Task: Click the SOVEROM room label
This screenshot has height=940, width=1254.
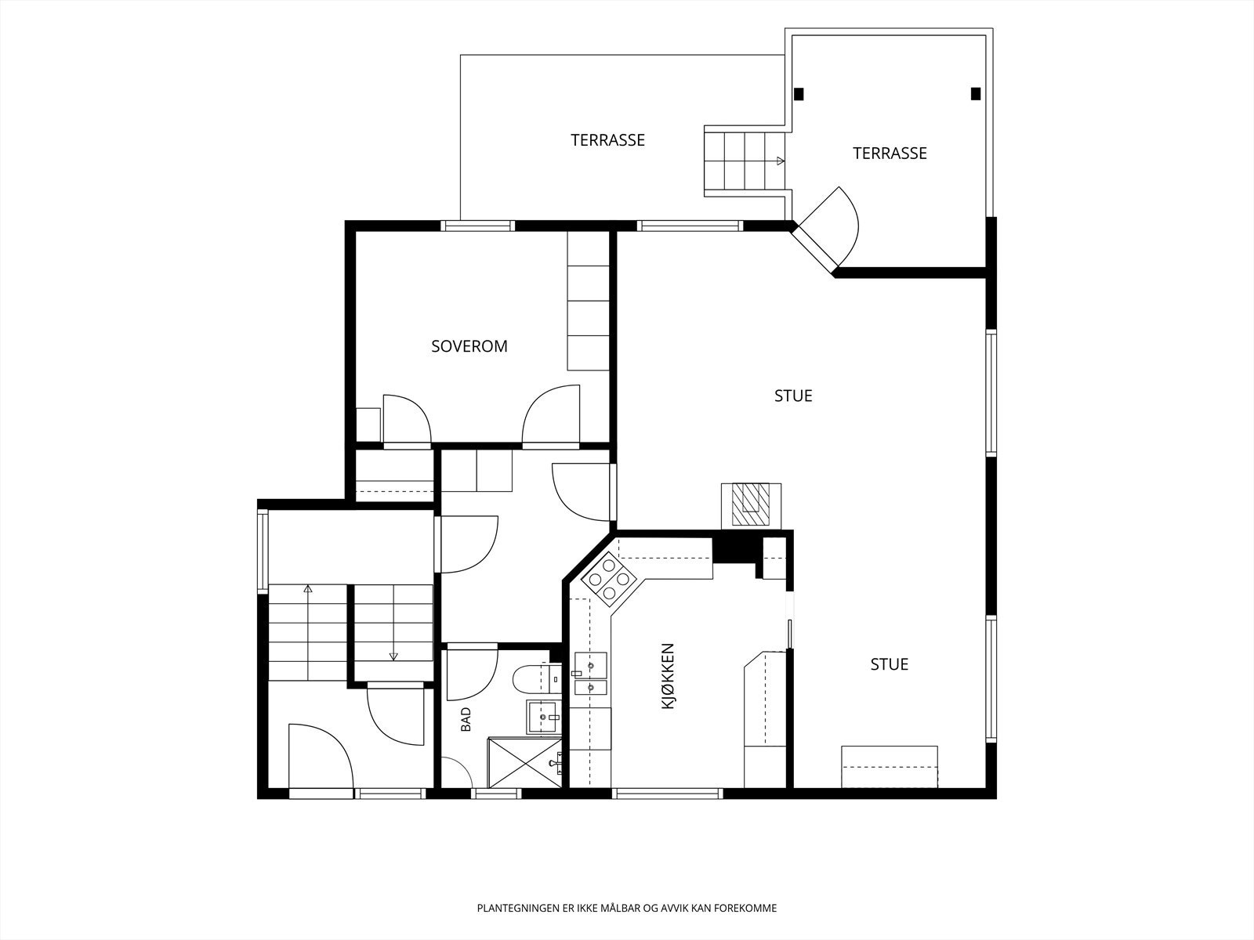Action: (x=469, y=346)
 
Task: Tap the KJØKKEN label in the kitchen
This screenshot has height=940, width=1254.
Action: (x=668, y=676)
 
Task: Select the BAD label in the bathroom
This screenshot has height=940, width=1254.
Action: (x=466, y=720)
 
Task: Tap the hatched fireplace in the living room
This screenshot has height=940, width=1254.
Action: (x=751, y=504)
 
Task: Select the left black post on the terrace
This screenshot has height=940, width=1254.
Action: (x=799, y=93)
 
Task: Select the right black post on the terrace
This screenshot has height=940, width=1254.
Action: (x=976, y=93)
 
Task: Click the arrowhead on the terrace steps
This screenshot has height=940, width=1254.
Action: (x=781, y=161)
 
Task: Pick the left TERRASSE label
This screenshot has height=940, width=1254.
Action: (x=608, y=140)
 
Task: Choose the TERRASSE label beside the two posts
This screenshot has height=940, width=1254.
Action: (x=890, y=154)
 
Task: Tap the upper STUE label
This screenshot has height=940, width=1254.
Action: (x=793, y=396)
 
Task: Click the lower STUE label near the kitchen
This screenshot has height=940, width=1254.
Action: (x=889, y=664)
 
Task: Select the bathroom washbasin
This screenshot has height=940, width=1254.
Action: (x=542, y=717)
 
